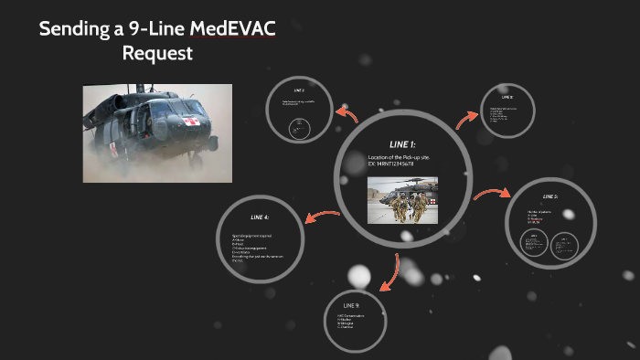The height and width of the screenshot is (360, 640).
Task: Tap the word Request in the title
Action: tap(157, 53)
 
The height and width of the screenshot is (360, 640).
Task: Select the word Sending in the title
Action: tap(72, 29)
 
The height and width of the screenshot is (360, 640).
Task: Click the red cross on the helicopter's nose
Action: tap(191, 122)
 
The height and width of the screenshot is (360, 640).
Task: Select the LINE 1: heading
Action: tap(402, 144)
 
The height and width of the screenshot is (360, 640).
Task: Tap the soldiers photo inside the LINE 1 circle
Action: tap(402, 200)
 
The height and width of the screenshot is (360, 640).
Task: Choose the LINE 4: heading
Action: tap(260, 217)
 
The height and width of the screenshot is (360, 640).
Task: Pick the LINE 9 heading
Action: tap(351, 304)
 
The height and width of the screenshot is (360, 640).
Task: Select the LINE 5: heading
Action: tap(549, 196)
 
